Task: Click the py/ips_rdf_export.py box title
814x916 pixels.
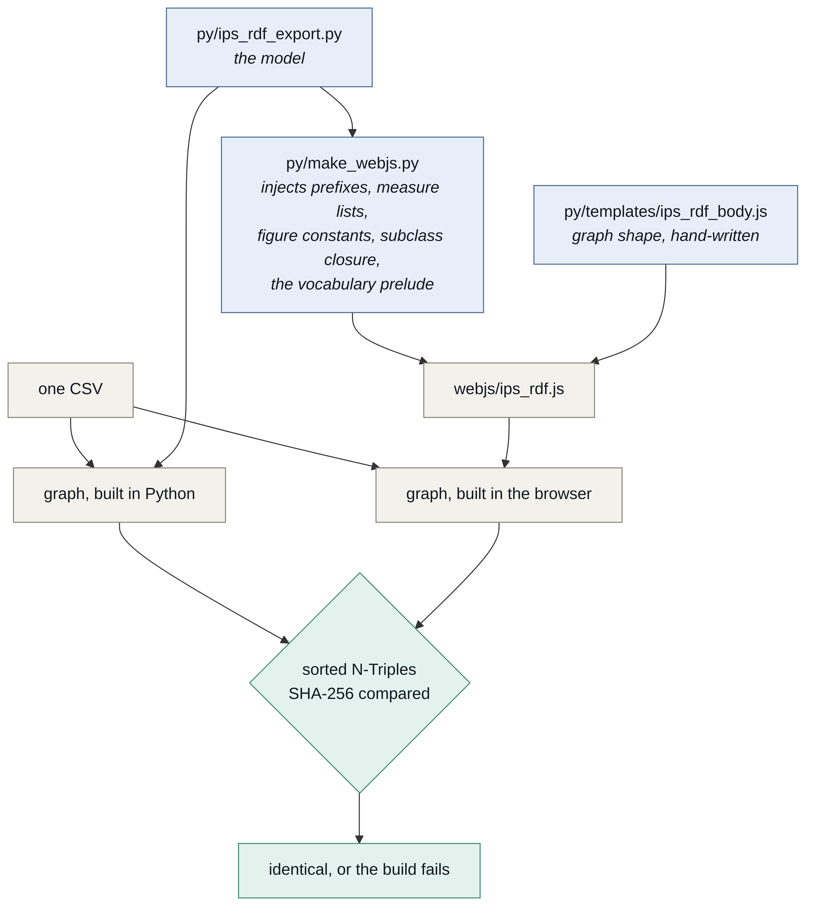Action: pos(269,35)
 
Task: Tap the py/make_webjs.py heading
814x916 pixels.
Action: pos(352,164)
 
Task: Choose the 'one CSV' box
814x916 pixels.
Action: pos(70,390)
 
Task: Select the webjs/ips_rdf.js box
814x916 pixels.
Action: pos(509,390)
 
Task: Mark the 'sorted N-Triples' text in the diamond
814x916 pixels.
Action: pos(359,670)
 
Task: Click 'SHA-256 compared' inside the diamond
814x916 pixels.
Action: pos(359,694)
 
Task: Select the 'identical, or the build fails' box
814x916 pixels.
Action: pos(359,871)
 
